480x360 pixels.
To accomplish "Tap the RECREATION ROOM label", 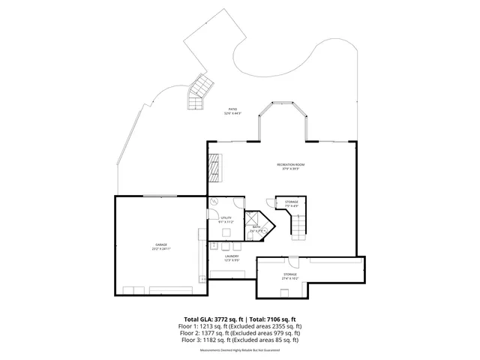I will coord(291,164).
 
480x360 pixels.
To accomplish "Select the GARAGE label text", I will coord(161,245).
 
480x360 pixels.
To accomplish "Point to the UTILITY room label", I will coord(226,217).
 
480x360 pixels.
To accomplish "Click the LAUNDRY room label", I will coord(231,256).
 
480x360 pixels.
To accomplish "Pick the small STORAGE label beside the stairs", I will coord(291,201).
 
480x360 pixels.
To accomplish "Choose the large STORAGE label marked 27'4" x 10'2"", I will coord(289,274).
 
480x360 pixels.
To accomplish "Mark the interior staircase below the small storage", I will coord(298,225).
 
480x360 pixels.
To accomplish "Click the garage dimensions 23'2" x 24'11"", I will coord(161,249).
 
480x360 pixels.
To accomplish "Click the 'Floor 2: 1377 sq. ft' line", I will coord(239,333).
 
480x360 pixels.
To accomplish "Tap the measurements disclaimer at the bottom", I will coord(239,349).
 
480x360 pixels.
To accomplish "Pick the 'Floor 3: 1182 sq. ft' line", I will coord(239,340).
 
